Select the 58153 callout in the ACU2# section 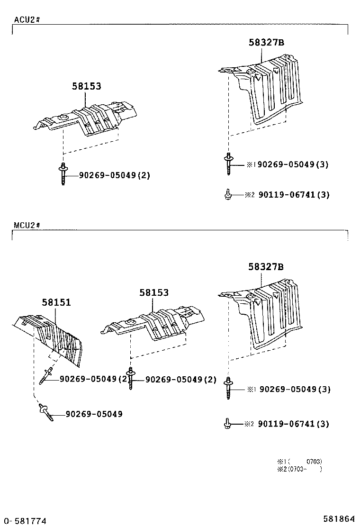(x=87, y=86)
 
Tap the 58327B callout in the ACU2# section (x=266, y=42)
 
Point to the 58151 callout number (x=56, y=302)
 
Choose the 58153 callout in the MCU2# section (x=153, y=293)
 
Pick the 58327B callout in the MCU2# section (x=266, y=267)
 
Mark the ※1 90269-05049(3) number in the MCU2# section (x=294, y=389)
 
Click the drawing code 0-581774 (x=24, y=521)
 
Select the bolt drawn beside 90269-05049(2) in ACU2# (x=63, y=174)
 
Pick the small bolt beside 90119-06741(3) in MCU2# (x=227, y=423)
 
